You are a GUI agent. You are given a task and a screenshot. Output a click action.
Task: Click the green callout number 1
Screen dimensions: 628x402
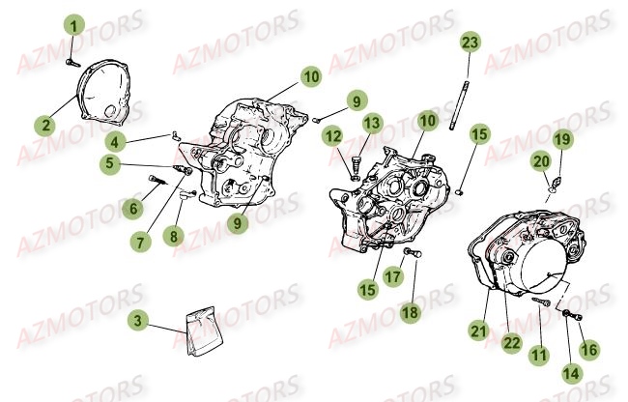74,26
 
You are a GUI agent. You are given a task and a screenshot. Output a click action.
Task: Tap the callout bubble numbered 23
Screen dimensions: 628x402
471,43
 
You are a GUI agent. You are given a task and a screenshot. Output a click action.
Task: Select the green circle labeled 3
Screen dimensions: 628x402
138,321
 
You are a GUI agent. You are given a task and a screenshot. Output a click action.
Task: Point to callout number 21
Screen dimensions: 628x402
479,331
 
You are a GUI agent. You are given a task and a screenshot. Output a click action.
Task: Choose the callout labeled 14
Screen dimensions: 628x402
571,373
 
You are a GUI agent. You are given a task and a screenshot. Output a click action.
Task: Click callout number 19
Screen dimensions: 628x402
563,139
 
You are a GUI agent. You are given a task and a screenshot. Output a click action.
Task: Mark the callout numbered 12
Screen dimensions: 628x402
332,136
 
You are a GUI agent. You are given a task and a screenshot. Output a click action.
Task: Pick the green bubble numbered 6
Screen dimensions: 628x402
133,208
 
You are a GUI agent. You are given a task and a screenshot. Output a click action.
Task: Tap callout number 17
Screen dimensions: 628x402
393,276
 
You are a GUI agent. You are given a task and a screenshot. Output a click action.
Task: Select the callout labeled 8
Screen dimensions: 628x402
173,236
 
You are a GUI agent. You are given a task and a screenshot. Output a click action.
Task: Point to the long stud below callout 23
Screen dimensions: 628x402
459,105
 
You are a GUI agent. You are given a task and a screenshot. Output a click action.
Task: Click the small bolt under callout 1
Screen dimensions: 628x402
72,63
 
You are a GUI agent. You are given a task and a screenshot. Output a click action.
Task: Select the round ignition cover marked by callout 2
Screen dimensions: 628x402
103,90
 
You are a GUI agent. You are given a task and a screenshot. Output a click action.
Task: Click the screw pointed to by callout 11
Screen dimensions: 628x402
540,301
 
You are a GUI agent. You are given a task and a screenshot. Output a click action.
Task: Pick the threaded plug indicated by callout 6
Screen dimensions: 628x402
157,180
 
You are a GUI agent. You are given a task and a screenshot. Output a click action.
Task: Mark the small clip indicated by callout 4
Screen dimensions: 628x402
176,134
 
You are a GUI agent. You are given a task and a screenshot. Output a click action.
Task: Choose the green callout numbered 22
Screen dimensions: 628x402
512,343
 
